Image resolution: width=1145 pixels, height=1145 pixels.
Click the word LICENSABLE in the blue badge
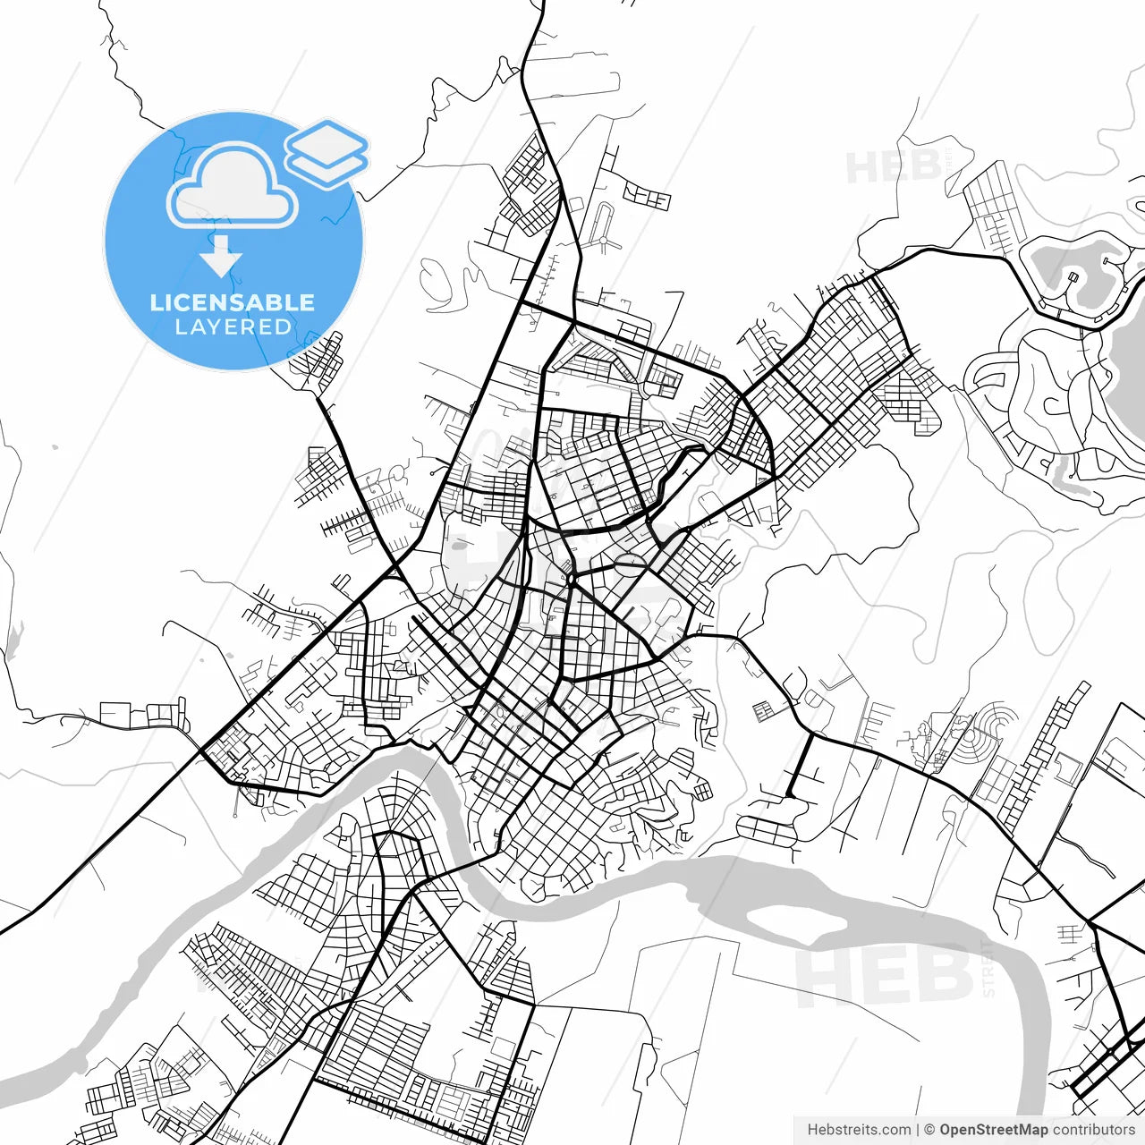click(233, 302)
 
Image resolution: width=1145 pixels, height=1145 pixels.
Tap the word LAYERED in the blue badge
click(233, 327)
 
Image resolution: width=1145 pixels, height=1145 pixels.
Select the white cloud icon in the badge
click(233, 186)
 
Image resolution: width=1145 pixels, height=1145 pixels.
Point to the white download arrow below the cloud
click(221, 258)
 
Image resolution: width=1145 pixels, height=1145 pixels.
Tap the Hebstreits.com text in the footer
click(859, 1130)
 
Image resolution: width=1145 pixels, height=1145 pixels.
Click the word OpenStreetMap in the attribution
click(994, 1130)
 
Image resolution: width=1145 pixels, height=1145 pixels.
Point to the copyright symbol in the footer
click(929, 1130)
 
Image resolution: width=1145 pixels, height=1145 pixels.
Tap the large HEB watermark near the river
click(886, 975)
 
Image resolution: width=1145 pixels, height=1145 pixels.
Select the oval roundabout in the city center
click(629, 564)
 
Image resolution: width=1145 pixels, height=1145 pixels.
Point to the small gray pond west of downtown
click(457, 545)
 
